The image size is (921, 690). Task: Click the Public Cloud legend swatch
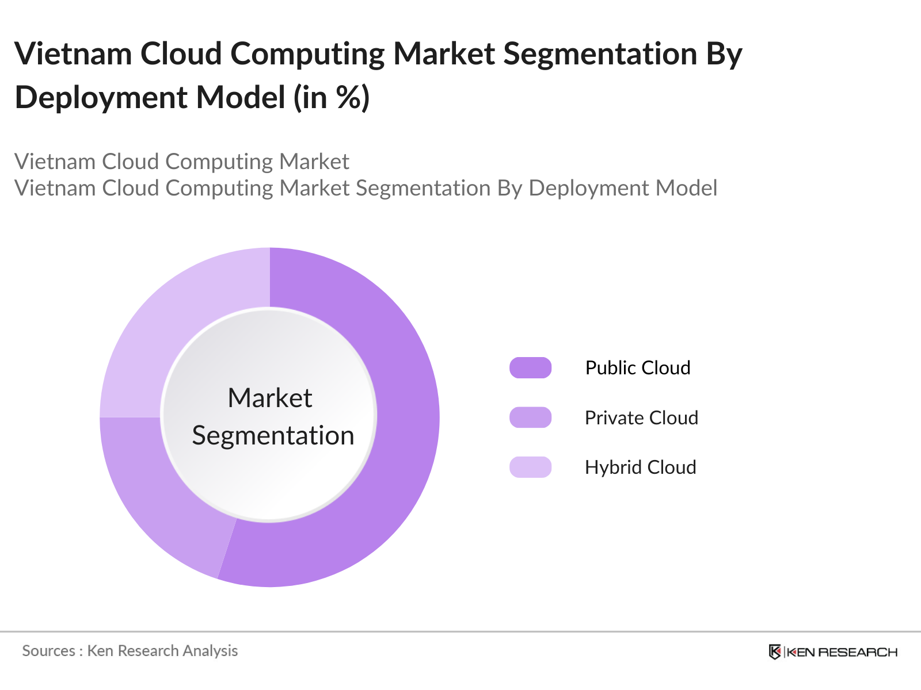click(x=530, y=368)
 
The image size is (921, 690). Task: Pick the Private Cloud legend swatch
click(x=530, y=417)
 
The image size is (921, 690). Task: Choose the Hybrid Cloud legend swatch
click(x=530, y=467)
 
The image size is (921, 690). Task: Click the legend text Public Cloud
click(x=638, y=368)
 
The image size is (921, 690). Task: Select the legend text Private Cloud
click(x=641, y=418)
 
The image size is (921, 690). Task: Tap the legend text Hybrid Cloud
click(x=640, y=467)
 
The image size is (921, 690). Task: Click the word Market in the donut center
click(x=270, y=398)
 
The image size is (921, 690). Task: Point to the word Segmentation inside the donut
click(x=273, y=436)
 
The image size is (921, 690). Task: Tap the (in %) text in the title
click(x=332, y=98)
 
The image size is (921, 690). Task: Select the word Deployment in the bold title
click(x=101, y=98)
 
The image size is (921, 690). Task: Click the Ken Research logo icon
click(x=775, y=652)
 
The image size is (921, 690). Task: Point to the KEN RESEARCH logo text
click(x=842, y=653)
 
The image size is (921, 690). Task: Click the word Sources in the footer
click(x=48, y=651)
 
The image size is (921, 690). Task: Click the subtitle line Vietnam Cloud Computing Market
click(x=182, y=162)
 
